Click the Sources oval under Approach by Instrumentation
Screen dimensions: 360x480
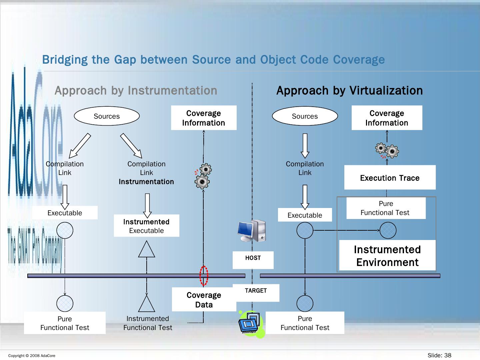coord(107,116)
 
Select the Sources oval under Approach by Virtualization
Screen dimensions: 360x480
coord(305,116)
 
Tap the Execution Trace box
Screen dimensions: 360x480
coord(390,178)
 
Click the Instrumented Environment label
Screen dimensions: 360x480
coord(387,256)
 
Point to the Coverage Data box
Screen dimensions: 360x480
coord(204,300)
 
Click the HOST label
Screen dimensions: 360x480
coord(253,258)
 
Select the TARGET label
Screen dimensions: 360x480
coord(256,291)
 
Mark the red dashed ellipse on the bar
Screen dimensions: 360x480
coord(204,276)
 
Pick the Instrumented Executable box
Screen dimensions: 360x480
coord(146,226)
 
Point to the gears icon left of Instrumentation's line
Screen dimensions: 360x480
coord(203,176)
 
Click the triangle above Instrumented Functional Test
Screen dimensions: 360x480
coord(147,303)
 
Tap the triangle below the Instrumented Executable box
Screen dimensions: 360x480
coord(147,249)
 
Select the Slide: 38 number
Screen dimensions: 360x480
coord(439,355)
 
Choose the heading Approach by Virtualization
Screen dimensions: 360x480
coord(349,90)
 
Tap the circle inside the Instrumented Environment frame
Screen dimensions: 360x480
coord(388,230)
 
